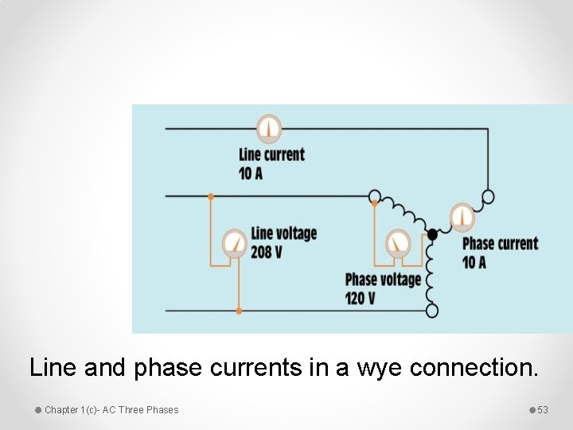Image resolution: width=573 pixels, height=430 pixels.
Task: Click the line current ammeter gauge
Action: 269,127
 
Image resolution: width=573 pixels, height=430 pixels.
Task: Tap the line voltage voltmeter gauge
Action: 235,242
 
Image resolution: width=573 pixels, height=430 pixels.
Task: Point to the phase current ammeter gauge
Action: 462,217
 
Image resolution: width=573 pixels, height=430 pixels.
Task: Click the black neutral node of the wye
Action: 432,234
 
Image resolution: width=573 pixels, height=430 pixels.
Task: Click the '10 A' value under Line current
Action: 251,173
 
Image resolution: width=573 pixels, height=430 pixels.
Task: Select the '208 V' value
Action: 267,252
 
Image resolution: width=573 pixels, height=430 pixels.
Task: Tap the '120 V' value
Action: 361,298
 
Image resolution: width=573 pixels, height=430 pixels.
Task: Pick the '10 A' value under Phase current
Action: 474,261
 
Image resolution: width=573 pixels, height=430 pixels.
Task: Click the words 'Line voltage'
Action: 284,233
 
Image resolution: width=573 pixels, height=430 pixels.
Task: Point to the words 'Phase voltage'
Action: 383,279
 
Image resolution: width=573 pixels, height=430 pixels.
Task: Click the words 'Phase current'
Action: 500,243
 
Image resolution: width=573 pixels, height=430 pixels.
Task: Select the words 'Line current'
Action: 271,154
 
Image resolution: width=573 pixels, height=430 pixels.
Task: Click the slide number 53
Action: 543,410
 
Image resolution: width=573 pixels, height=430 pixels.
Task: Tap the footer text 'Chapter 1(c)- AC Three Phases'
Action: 111,410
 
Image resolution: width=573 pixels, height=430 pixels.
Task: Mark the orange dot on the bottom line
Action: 239,311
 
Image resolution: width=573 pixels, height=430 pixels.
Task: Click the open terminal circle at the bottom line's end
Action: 432,311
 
